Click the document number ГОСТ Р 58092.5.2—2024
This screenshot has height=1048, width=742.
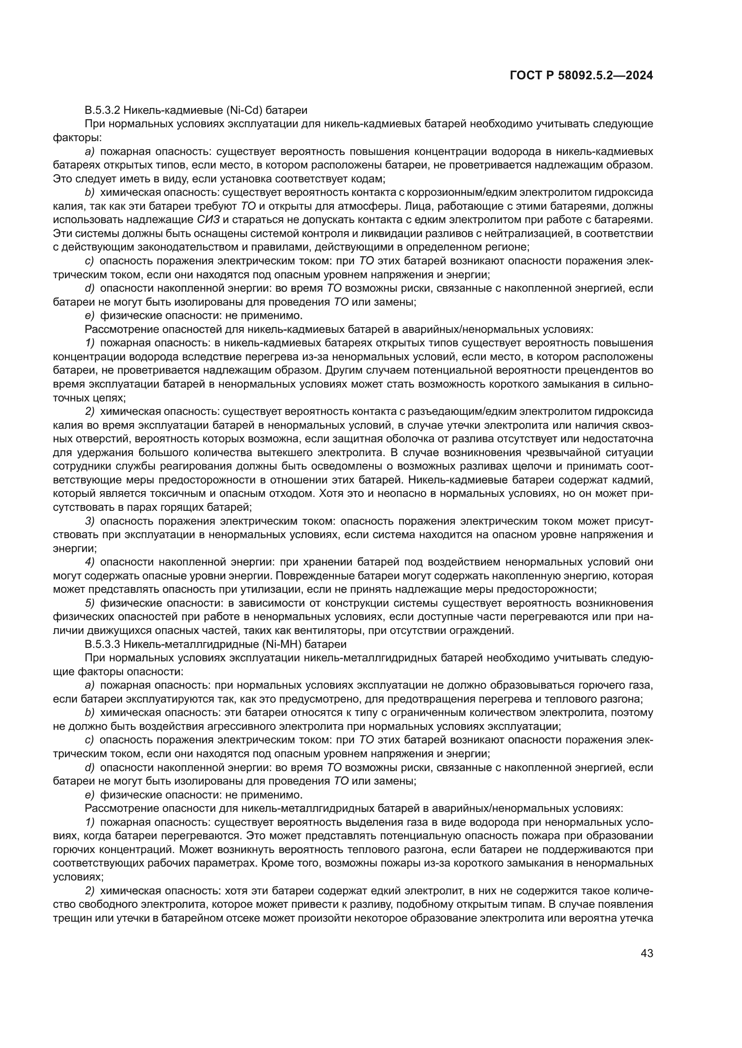tap(581, 76)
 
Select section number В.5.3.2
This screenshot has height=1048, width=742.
tap(102, 110)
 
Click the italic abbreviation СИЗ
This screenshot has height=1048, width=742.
tap(208, 220)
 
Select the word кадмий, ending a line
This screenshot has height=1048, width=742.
tap(637, 480)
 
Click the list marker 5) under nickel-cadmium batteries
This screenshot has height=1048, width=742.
tap(90, 604)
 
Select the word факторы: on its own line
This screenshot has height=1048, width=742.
tap(70, 138)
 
